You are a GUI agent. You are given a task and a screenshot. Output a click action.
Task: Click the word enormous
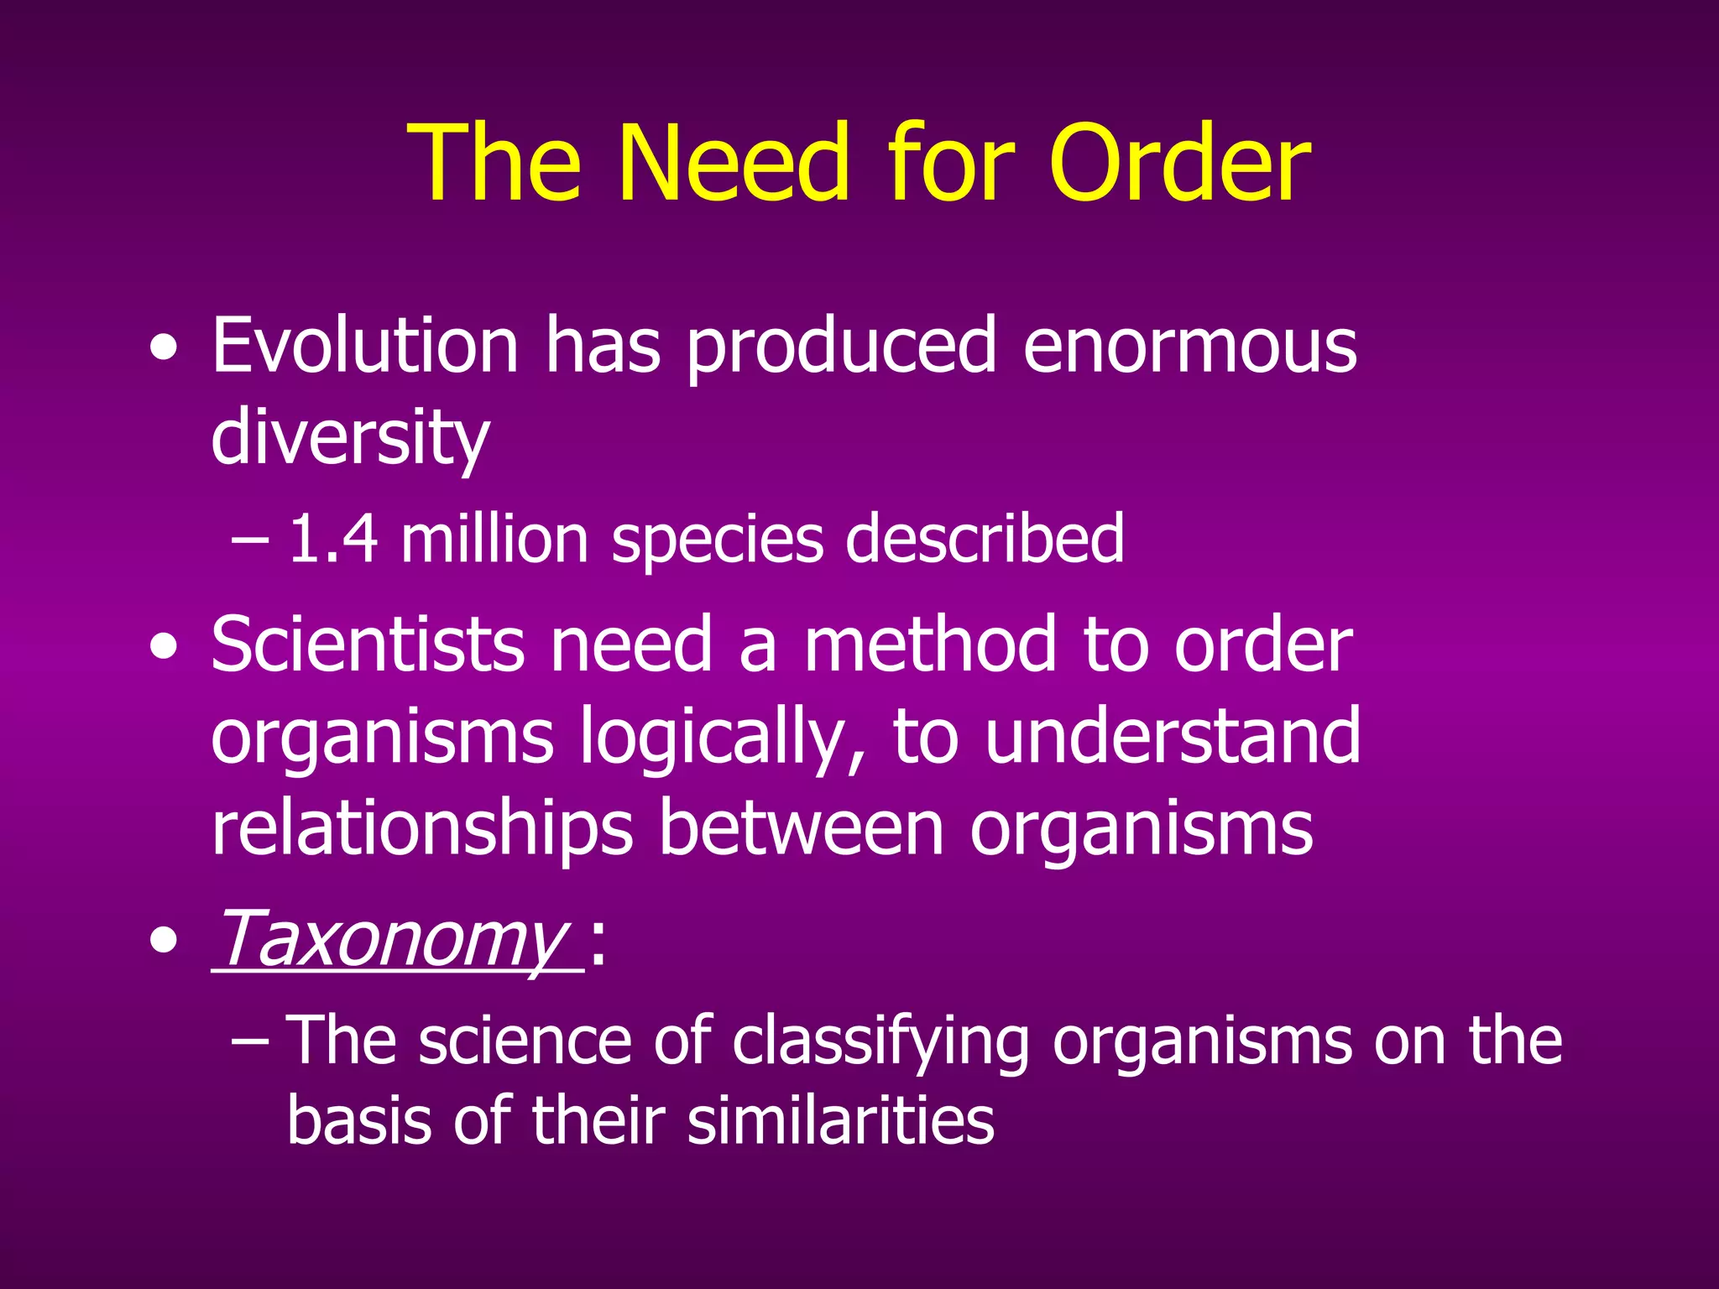(x=1189, y=347)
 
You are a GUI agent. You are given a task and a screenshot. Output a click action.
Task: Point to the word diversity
(x=349, y=438)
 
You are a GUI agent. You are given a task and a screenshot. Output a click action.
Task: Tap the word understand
(x=1172, y=737)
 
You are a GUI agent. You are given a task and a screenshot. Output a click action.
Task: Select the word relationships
(x=421, y=829)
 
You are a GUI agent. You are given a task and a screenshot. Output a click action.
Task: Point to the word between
(x=801, y=829)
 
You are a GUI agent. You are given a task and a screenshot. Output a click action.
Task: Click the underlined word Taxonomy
(x=392, y=939)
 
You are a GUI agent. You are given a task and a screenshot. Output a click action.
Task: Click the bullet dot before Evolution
(x=164, y=347)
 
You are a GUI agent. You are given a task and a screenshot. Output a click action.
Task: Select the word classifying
(x=880, y=1041)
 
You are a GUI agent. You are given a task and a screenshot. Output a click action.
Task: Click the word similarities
(x=841, y=1121)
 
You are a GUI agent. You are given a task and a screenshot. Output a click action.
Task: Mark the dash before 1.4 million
(x=249, y=540)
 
